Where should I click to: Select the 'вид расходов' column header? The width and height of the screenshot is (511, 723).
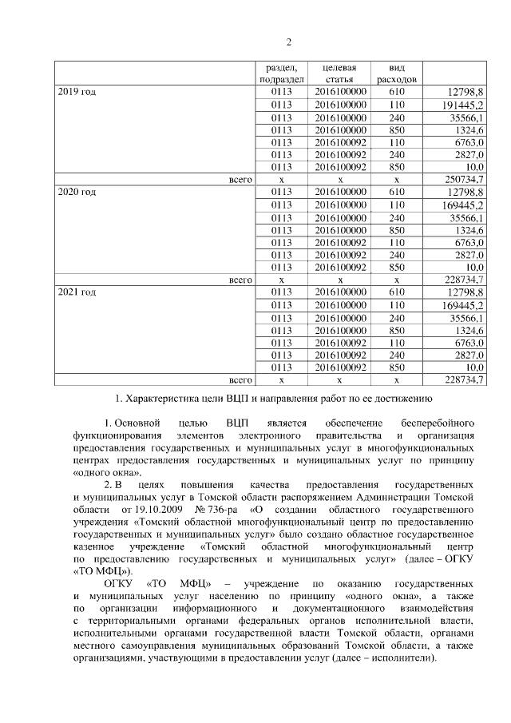(396, 74)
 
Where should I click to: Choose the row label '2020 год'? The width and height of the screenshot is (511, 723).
(77, 193)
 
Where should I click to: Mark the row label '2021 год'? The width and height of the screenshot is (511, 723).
(77, 292)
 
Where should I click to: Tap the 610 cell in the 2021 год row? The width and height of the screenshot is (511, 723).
(397, 292)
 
